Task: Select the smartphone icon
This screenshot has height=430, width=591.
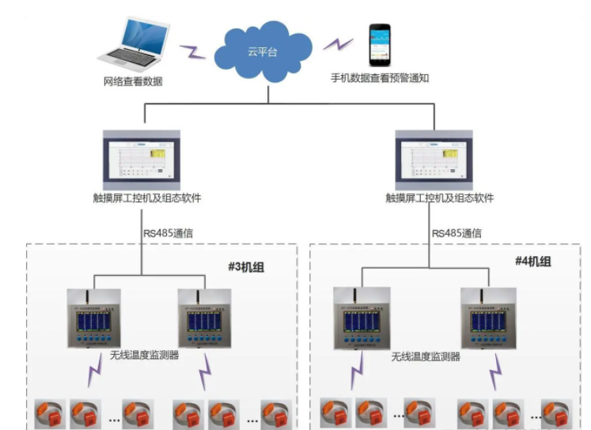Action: tap(380, 45)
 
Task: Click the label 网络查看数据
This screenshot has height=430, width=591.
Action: tap(133, 81)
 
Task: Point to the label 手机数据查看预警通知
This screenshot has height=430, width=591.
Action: tap(380, 78)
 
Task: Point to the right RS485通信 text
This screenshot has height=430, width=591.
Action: tap(457, 233)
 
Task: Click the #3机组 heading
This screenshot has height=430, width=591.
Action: tap(245, 267)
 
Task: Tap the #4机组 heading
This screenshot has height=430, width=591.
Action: tap(532, 262)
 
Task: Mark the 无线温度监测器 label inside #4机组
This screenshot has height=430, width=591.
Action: tap(426, 356)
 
